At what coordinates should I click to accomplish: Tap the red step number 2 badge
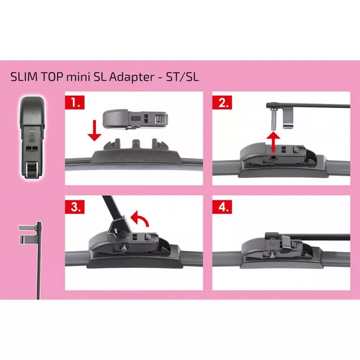pos(221,101)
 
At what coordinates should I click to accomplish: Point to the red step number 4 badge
pos(221,205)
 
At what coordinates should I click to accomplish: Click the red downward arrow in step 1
pos(94,130)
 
